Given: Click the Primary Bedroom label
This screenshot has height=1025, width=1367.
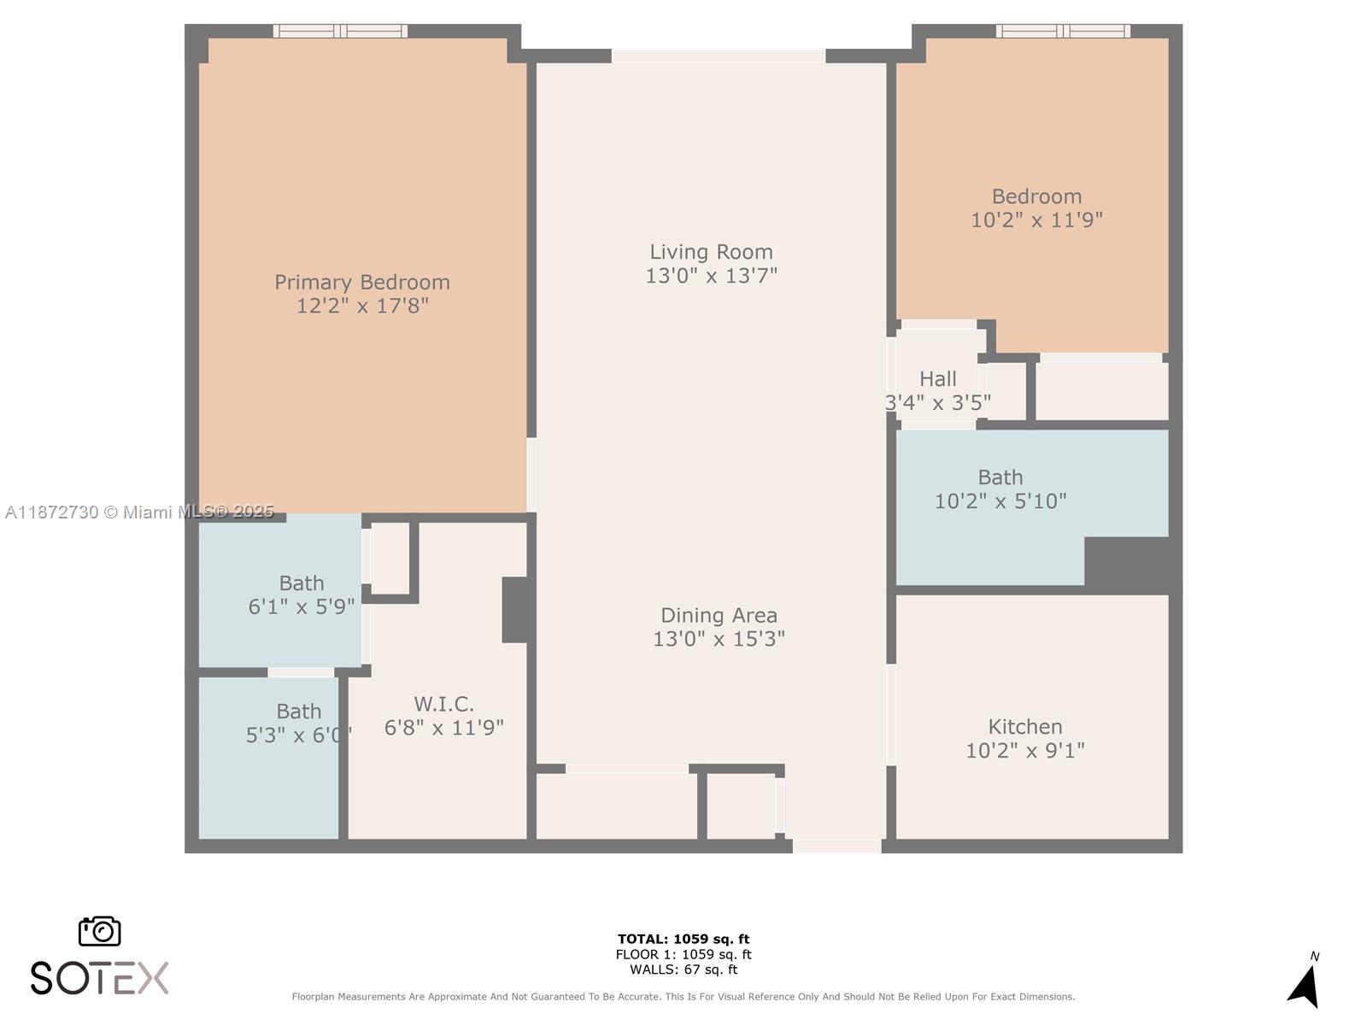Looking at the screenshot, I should (x=362, y=283).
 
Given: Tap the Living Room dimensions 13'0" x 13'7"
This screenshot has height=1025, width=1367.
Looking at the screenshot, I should (x=711, y=276).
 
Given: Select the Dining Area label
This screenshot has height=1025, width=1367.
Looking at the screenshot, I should (x=719, y=615).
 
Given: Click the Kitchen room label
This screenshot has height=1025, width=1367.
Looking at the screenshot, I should (x=1025, y=727).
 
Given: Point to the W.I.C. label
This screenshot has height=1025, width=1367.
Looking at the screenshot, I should (x=443, y=704).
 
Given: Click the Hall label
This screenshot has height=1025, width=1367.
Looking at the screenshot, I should (x=937, y=378).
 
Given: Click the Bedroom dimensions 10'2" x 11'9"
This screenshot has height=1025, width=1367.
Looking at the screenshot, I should (x=1036, y=220).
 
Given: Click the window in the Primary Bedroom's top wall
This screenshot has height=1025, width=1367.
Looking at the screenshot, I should (x=340, y=32).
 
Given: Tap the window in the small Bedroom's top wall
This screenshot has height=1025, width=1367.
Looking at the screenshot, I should (x=1063, y=32).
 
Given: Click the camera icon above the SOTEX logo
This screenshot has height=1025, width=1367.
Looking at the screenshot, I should (x=100, y=931).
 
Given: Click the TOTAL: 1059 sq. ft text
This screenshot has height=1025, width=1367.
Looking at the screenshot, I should (x=683, y=939).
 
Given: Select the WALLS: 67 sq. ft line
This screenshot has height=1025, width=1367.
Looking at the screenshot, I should (x=683, y=969).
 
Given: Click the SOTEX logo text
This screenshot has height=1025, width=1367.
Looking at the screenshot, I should (x=99, y=978).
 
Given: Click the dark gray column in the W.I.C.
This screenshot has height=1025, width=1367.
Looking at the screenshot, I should (x=515, y=610).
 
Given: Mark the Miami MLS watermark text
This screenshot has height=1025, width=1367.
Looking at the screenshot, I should (x=139, y=512).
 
